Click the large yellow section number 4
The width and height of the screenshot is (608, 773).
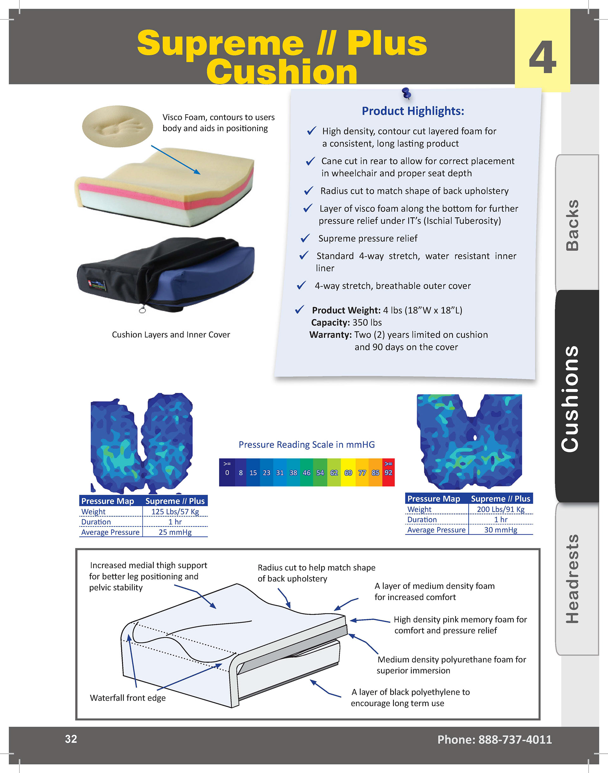coord(542,58)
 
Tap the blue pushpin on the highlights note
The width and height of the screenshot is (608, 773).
coord(406,93)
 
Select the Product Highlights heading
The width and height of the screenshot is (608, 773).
coord(413,111)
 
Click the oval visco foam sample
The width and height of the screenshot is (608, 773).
coord(117,126)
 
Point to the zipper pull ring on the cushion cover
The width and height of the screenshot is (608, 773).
coord(142,310)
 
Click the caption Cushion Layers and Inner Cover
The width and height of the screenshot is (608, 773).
coord(171,335)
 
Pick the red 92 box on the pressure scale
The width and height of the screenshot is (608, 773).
coord(388,472)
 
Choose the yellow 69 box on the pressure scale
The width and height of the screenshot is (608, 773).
coord(348,473)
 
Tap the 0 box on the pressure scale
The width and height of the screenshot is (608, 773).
coord(227,472)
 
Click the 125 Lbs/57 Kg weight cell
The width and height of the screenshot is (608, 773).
coord(175,512)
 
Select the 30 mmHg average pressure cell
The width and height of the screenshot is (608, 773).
coord(501,530)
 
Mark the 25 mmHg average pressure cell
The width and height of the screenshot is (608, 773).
coord(175,532)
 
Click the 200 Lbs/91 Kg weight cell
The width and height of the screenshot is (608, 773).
coord(501,509)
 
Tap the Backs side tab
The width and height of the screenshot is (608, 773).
coord(573,225)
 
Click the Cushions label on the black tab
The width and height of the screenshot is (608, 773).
coord(570,399)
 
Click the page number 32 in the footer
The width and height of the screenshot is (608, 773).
coord(71,739)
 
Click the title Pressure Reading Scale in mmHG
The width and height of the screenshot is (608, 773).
coord(307,444)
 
